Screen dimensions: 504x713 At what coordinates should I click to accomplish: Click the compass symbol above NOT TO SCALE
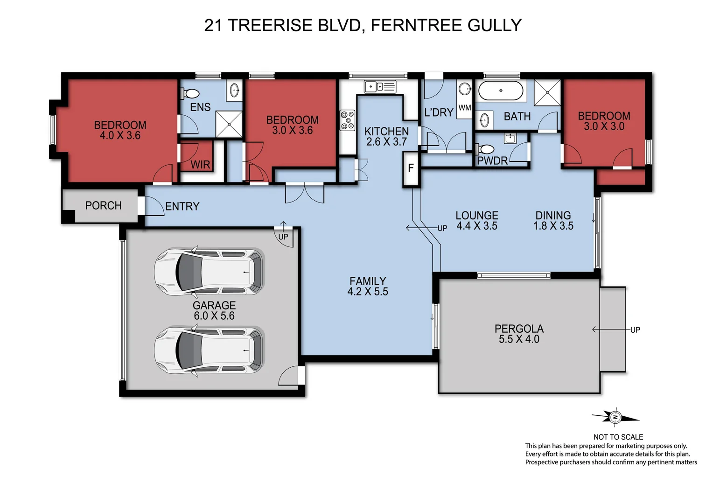tap(615, 417)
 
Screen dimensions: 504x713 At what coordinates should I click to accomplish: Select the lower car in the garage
tap(209, 350)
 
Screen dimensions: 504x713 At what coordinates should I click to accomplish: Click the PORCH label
tap(103, 206)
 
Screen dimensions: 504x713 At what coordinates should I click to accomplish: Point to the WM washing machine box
tap(465, 108)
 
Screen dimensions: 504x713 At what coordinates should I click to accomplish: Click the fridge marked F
tap(411, 168)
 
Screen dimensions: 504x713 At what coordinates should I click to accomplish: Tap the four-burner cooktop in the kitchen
tap(347, 119)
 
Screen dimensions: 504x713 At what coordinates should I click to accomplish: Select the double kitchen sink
tap(380, 87)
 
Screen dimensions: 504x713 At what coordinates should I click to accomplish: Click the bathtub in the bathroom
tap(501, 91)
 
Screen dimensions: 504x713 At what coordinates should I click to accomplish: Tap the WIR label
tap(200, 165)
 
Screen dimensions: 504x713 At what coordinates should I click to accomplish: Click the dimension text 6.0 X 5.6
tap(214, 316)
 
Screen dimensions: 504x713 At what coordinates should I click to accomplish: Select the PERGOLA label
tap(519, 329)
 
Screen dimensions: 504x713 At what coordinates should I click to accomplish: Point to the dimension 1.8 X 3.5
tap(553, 226)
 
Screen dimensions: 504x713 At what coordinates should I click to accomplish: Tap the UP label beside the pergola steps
tap(635, 330)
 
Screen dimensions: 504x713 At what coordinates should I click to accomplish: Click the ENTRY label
tap(182, 206)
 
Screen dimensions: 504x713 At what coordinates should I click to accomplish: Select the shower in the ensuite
tap(229, 124)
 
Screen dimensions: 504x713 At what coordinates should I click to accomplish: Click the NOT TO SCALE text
tap(618, 437)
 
